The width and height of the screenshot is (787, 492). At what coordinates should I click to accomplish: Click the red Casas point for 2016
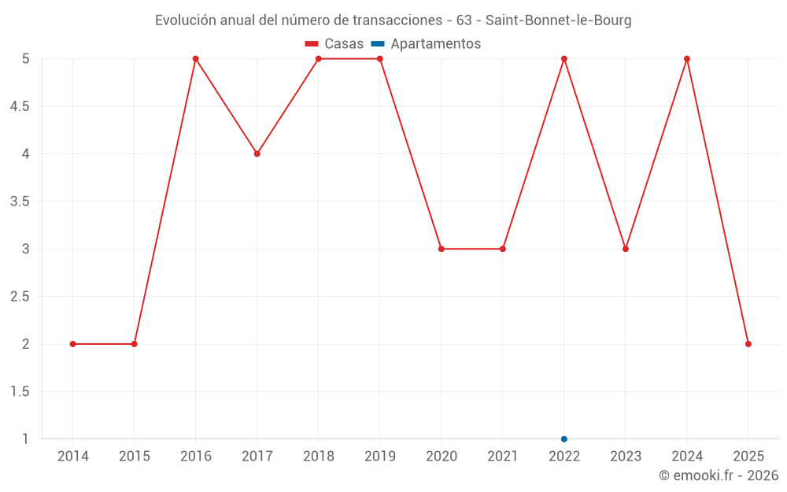196,59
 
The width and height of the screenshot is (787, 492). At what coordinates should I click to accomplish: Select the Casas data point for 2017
257,154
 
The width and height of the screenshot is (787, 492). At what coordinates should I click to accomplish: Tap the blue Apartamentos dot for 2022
564,438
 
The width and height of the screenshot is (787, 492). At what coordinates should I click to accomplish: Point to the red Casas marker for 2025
748,344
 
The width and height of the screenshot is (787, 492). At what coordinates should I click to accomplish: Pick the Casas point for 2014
73,344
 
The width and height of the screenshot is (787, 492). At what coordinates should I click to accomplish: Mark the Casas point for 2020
442,249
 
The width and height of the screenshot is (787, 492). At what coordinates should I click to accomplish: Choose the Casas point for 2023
626,249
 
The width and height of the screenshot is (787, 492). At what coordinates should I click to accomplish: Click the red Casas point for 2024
687,59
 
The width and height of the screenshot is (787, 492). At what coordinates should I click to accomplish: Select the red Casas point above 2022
564,59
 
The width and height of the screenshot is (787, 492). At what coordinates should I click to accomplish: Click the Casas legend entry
334,44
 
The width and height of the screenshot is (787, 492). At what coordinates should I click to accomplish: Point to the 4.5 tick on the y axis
20,106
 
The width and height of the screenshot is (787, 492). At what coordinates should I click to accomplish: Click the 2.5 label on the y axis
20,297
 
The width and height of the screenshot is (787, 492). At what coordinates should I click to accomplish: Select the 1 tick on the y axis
25,438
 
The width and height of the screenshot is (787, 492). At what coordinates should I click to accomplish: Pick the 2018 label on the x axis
319,457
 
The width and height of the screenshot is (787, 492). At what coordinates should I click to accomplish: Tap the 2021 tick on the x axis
503,457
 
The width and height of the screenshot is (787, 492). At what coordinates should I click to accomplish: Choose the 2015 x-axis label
135,457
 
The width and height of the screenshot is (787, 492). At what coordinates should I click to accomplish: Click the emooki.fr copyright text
719,475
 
